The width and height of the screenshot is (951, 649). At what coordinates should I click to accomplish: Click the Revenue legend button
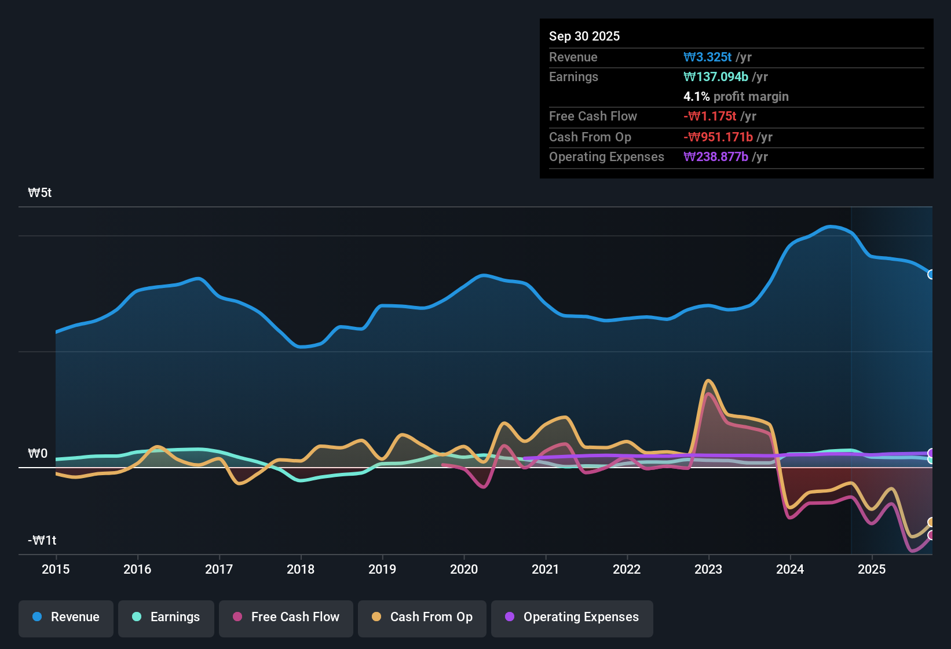point(66,617)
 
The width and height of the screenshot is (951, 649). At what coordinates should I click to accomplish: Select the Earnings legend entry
point(166,617)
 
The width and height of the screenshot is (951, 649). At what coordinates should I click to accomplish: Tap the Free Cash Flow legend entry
point(286,617)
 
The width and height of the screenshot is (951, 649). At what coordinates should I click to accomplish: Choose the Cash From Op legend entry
point(422,617)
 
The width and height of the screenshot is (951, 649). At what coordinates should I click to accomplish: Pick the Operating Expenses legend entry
point(572,617)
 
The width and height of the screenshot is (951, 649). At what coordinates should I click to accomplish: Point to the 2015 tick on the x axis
point(56,569)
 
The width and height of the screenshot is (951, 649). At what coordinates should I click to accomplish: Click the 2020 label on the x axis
point(464,569)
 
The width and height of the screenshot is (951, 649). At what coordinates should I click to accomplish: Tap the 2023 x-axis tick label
point(708,569)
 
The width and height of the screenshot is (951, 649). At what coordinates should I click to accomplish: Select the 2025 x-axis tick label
point(872,569)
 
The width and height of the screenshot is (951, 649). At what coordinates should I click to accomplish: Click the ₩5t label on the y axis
point(40,193)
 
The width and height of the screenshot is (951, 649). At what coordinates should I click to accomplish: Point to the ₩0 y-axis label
point(38,454)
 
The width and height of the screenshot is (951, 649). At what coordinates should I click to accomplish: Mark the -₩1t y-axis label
point(42,541)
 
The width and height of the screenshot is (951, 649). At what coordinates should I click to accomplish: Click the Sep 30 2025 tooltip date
point(584,37)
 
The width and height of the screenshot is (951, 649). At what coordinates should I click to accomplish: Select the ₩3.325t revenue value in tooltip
point(707,57)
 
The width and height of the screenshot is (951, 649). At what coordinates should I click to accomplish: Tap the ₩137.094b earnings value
point(716,76)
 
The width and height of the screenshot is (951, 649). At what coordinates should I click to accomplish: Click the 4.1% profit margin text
point(736,97)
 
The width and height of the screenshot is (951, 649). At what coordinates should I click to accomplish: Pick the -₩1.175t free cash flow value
point(710,116)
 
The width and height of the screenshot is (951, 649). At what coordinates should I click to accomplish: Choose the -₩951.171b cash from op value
point(718,137)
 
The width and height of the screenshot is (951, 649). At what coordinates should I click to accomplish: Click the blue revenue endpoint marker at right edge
point(931,275)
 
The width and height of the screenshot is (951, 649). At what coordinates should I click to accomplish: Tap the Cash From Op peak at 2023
point(708,381)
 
